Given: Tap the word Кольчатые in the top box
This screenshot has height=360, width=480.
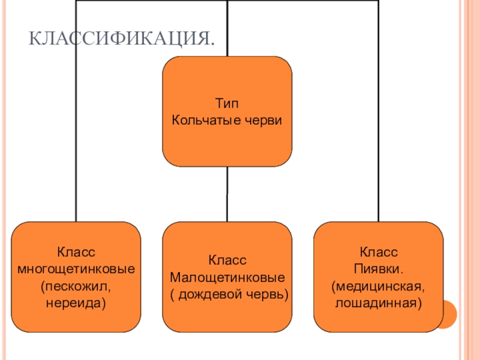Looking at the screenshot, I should coord(202,119).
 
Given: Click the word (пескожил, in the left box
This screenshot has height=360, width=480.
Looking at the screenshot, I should coord(76,282).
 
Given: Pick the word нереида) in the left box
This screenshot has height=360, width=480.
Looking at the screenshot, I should coord(76,298).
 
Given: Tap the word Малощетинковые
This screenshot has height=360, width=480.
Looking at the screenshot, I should coord(227,278).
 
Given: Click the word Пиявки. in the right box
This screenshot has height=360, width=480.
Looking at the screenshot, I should coord(379,266).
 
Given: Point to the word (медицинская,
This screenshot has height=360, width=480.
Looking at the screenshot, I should coord(379,282).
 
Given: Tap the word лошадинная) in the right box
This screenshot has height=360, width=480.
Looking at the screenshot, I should coord(379,298).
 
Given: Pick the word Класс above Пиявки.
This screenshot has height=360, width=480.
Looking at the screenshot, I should coord(379,250).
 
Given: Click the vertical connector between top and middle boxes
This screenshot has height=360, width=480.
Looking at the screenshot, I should coord(227,194).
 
